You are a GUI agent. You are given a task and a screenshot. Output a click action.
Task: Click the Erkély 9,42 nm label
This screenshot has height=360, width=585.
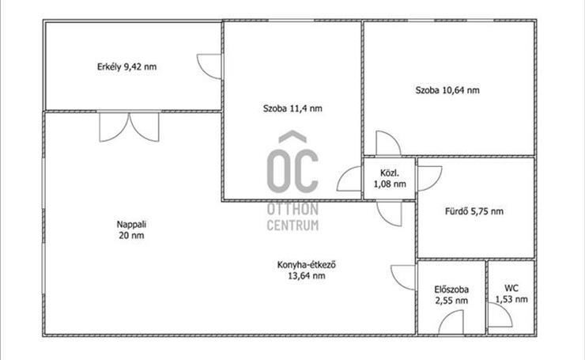[x=126, y=66]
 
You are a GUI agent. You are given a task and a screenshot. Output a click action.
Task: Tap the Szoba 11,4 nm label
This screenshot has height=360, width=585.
[x=292, y=108]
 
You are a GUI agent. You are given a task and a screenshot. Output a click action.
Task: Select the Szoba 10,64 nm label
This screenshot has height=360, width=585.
[x=447, y=90]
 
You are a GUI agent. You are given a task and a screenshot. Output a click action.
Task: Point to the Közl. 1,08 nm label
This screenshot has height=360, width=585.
[x=390, y=179]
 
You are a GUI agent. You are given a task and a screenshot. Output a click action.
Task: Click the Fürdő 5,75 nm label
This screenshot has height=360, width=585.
[x=474, y=211]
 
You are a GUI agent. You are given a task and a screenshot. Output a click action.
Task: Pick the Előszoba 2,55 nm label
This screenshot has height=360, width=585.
[x=451, y=295]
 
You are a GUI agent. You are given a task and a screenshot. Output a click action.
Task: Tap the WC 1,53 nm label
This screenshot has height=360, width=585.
[x=511, y=294]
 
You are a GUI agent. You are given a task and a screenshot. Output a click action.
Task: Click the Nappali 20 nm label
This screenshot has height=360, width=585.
[x=131, y=229]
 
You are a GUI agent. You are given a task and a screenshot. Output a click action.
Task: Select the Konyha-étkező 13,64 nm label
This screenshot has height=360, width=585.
[x=306, y=270]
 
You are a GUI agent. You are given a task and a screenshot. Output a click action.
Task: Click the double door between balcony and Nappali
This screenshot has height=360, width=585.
[x=129, y=127]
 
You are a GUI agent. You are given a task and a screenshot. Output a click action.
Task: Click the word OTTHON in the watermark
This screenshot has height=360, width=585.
[x=292, y=209]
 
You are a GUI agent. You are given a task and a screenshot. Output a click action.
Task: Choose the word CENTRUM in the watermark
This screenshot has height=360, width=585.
[x=292, y=225]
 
